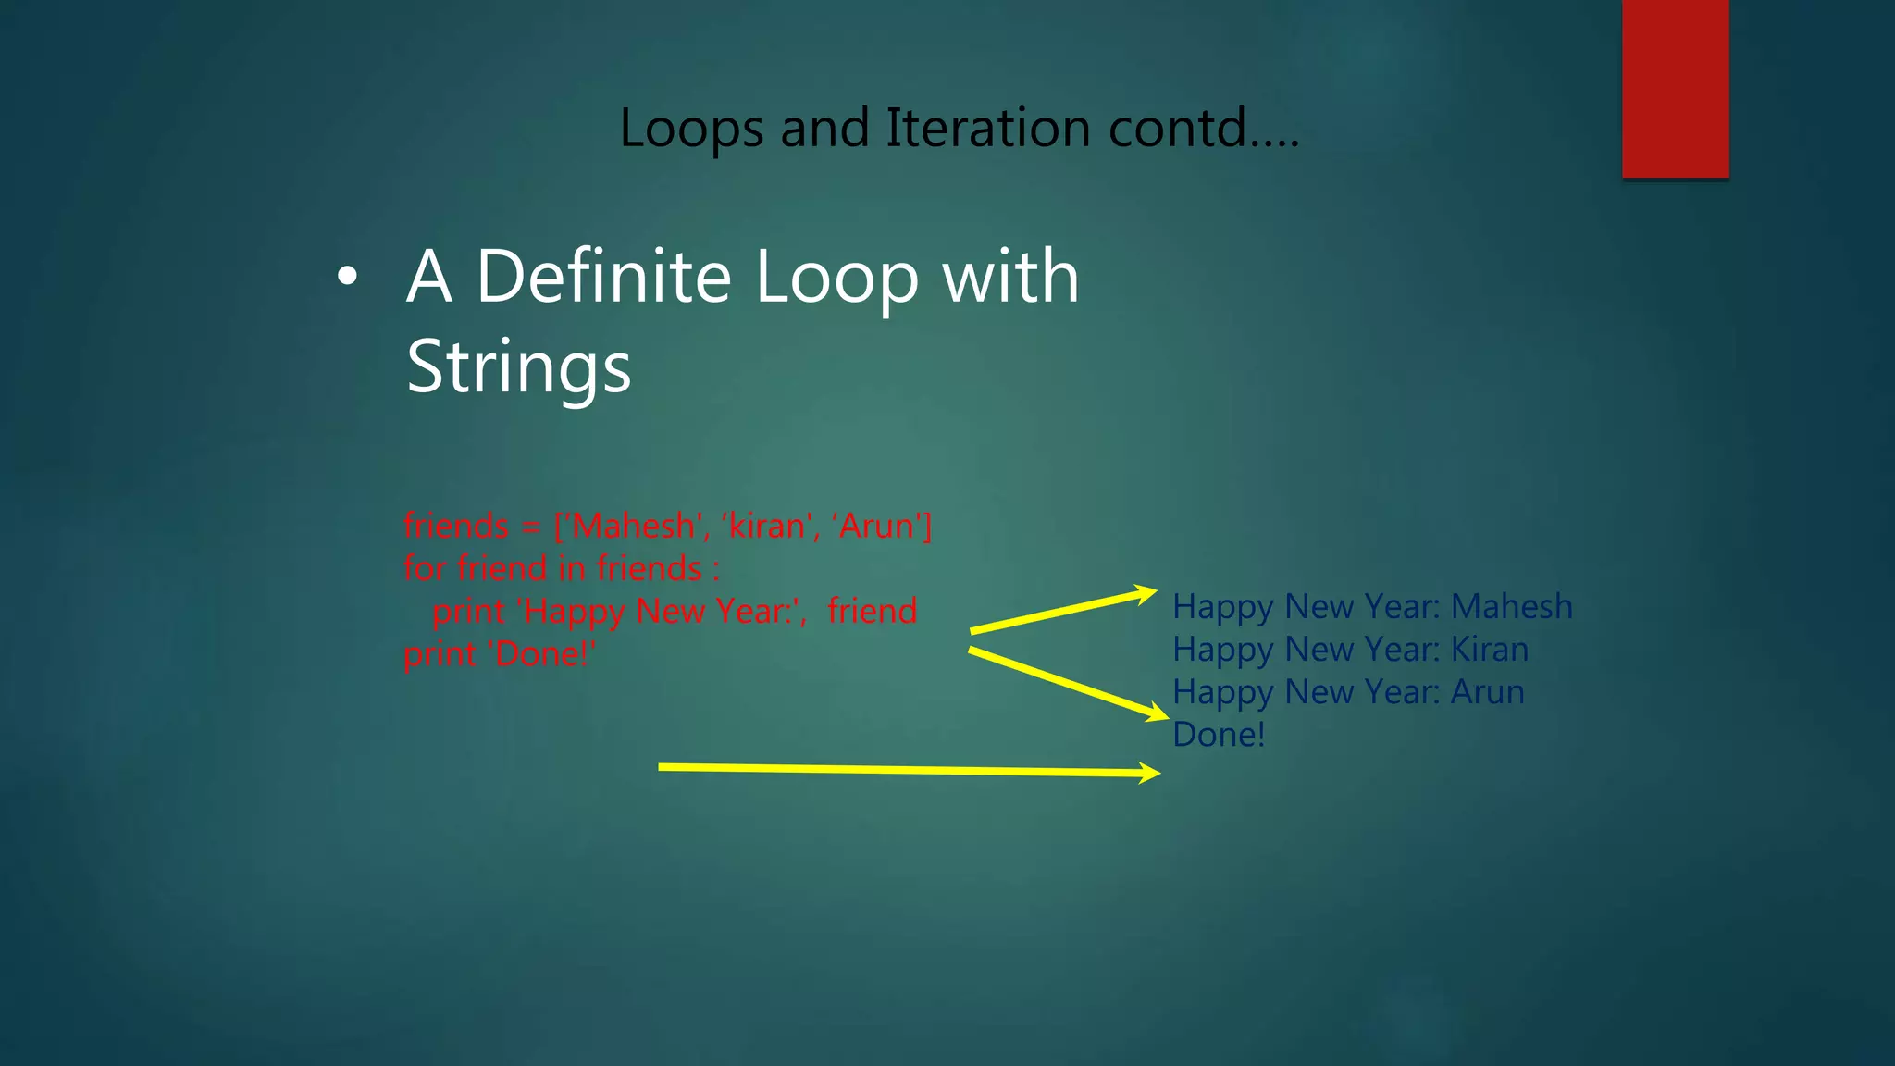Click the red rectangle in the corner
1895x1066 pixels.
click(1675, 88)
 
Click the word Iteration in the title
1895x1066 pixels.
click(987, 128)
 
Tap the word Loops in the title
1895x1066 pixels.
click(691, 128)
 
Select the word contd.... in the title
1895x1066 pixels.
click(1204, 128)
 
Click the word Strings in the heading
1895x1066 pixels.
click(518, 366)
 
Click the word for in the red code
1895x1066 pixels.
click(424, 568)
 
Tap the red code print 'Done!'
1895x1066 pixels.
click(500, 653)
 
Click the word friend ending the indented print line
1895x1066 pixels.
click(872, 611)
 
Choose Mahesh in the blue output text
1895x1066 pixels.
click(1511, 606)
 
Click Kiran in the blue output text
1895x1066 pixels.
click(1489, 649)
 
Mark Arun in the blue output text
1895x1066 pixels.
click(1487, 691)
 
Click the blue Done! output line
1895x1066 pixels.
click(1218, 734)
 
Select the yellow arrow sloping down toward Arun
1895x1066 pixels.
click(1068, 683)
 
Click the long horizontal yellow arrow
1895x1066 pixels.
click(907, 770)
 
